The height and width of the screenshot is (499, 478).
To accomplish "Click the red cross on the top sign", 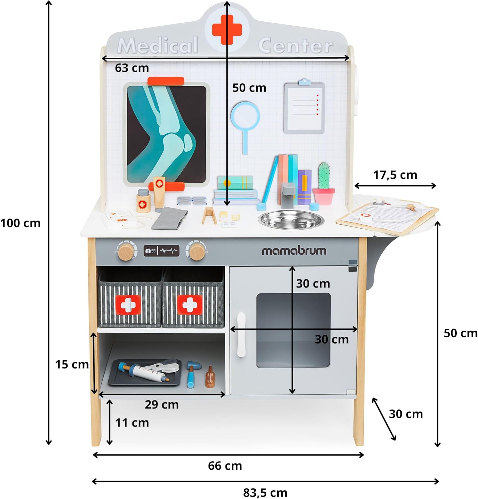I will [227, 29].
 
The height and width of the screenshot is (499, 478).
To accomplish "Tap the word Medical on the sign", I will [158, 45].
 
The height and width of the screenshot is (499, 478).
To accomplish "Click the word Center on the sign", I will [295, 46].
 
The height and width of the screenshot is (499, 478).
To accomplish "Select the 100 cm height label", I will [21, 223].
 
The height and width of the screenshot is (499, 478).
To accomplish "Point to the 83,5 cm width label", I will [265, 492].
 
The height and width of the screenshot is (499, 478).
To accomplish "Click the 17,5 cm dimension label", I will [395, 175].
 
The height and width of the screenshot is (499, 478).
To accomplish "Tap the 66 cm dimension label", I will [225, 466].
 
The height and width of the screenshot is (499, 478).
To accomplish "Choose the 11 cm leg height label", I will [132, 422].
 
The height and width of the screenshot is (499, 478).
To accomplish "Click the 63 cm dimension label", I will [132, 68].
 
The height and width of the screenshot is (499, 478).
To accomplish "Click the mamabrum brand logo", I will [294, 250].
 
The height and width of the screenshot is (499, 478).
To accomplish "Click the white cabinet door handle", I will [241, 334].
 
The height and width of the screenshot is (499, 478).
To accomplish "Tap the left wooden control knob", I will [126, 251].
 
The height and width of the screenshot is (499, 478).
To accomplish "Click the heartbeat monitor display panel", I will [161, 250].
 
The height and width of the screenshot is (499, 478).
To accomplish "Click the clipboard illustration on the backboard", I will [304, 108].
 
